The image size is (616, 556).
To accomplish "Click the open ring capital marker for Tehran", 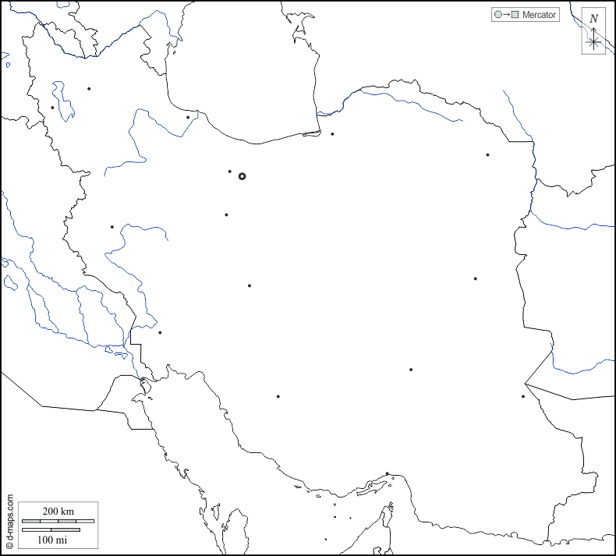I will click(242, 176).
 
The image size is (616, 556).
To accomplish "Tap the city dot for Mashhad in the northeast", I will click(487, 154).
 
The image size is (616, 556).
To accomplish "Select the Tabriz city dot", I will click(89, 89).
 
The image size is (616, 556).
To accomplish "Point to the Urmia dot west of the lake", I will click(52, 108).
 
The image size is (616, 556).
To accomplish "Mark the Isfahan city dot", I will click(249, 285).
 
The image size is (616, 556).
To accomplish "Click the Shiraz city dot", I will click(278, 396).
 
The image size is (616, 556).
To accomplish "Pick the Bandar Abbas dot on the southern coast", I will click(387, 473).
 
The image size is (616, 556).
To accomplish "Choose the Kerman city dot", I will click(411, 370).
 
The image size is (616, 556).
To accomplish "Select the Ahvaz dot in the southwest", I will click(160, 333).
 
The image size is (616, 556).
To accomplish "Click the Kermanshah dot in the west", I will click(112, 227).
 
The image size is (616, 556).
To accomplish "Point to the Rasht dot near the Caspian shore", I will click(188, 117).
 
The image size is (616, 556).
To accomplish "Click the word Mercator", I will click(540, 15).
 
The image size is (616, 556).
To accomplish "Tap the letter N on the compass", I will click(594, 19).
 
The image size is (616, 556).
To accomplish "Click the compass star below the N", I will click(594, 41).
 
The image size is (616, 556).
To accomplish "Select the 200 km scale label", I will click(58, 511).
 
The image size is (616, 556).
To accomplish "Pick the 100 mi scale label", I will click(51, 539).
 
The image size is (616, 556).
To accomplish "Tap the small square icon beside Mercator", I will click(515, 15).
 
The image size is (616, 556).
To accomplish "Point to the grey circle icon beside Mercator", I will click(497, 15).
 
